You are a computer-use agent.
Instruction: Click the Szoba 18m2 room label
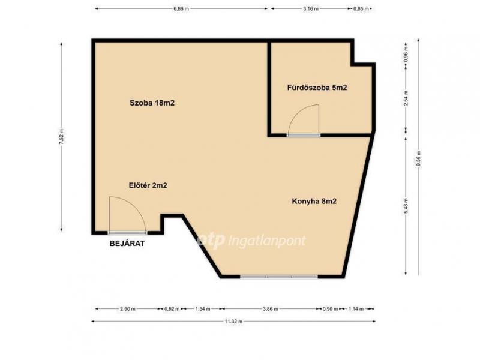coord(152,103)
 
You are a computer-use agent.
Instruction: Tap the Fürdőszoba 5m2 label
coord(317,88)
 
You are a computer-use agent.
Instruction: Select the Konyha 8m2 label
coord(314,201)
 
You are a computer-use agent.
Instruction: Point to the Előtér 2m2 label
coord(148,185)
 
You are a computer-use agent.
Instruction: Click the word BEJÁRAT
coord(127,244)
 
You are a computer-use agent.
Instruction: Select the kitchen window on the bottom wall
coord(279,277)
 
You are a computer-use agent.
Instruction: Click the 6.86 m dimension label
coord(181,9)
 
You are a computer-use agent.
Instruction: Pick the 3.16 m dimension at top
coord(311,9)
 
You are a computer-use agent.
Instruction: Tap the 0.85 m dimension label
coord(361,9)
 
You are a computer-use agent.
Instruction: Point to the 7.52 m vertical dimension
coord(62,137)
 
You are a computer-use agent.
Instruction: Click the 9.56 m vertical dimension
coord(418,158)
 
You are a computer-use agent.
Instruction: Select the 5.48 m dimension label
coord(406,206)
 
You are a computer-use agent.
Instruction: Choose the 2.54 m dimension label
coord(406,98)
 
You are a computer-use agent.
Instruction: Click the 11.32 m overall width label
coord(233,322)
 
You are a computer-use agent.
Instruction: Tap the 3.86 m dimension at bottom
coord(271,309)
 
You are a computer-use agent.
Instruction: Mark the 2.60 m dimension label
coord(128,309)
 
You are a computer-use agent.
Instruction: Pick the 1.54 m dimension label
coord(203,309)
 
